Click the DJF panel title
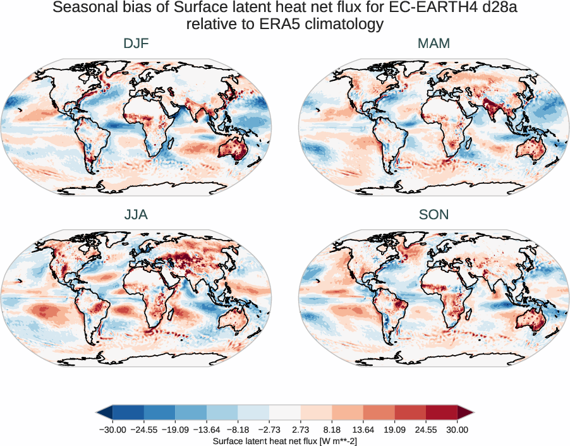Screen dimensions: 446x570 pos(136,44)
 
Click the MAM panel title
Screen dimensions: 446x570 pos(433,44)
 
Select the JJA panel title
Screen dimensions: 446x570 pos(136,215)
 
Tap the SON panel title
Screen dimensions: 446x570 pos(433,215)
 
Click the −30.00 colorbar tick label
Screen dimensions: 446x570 pos(113,430)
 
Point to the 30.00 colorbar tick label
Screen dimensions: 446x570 pos(457,430)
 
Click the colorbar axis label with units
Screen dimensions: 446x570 pos(285,440)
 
